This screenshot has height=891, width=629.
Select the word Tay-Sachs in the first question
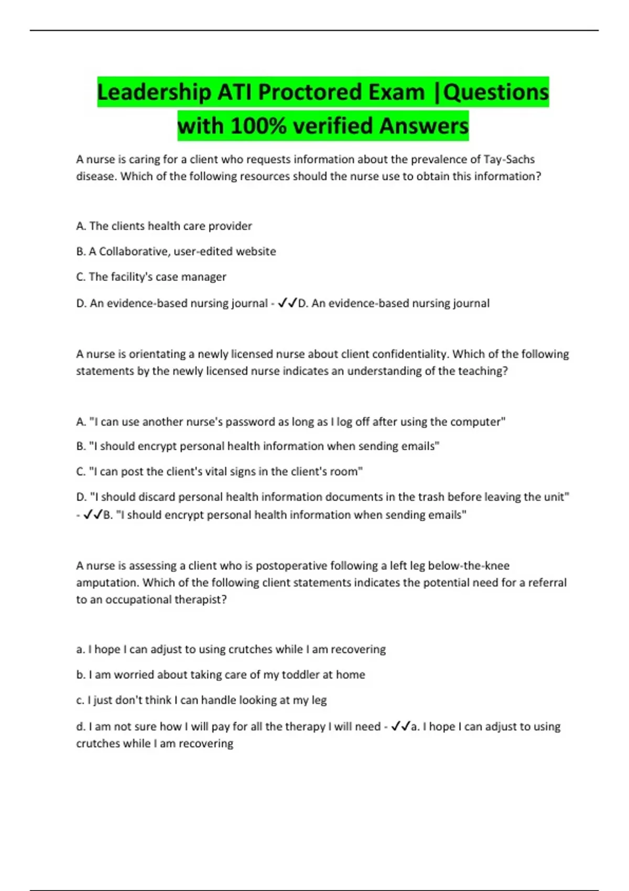coord(509,159)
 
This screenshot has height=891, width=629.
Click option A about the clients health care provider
coord(164,226)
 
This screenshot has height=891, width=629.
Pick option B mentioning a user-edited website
coord(176,252)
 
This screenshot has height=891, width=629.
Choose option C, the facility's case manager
coord(151,277)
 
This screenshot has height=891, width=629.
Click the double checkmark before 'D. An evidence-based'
coord(287,303)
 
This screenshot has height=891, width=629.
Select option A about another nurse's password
coord(291,422)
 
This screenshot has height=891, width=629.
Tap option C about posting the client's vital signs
coord(220,472)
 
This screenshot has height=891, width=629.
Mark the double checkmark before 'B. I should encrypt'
coord(93,515)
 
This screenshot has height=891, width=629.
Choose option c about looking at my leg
coord(202,700)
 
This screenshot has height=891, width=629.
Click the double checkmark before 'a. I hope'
coord(401,726)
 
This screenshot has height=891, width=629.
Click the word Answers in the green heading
coord(424,126)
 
